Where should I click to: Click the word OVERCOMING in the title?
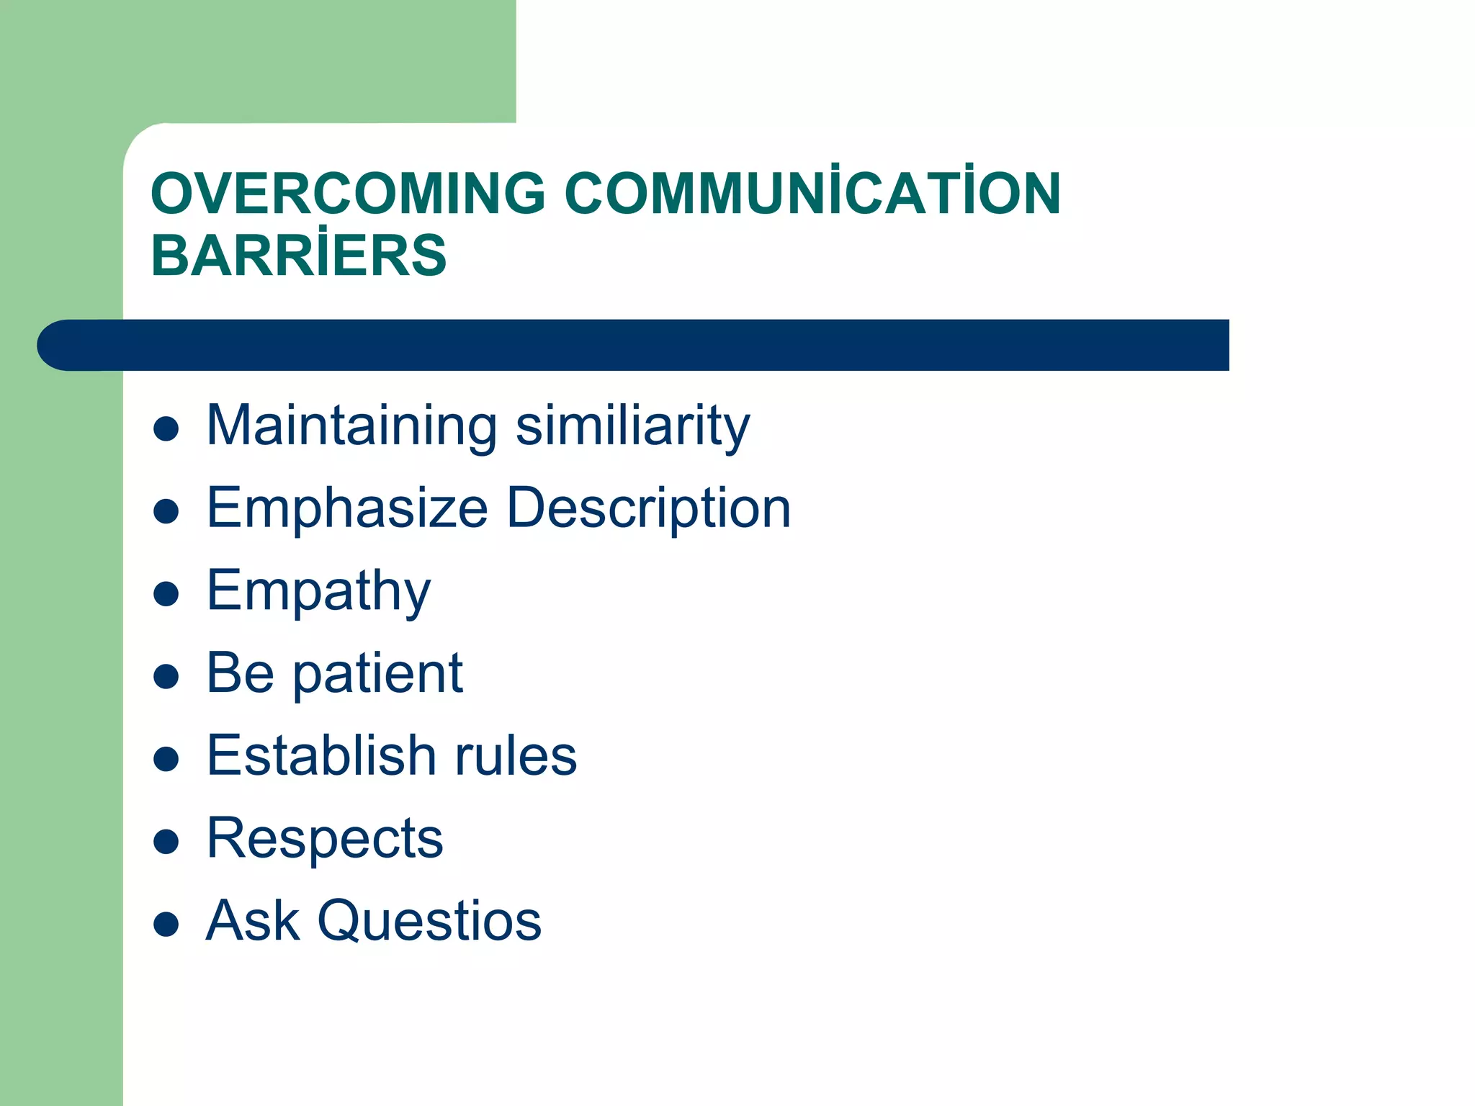348,194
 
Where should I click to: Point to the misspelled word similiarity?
633,426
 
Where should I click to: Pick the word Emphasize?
347,508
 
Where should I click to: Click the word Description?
649,508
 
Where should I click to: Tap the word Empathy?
318,591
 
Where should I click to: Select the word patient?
377,674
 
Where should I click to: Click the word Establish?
321,756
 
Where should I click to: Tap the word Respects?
325,839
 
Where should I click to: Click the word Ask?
252,921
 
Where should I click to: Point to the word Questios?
429,921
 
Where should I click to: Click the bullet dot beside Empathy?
166,595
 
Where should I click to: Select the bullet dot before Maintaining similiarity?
166,429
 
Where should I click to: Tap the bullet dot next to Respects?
166,841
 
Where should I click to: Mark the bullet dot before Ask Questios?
166,924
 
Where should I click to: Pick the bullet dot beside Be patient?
166,677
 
